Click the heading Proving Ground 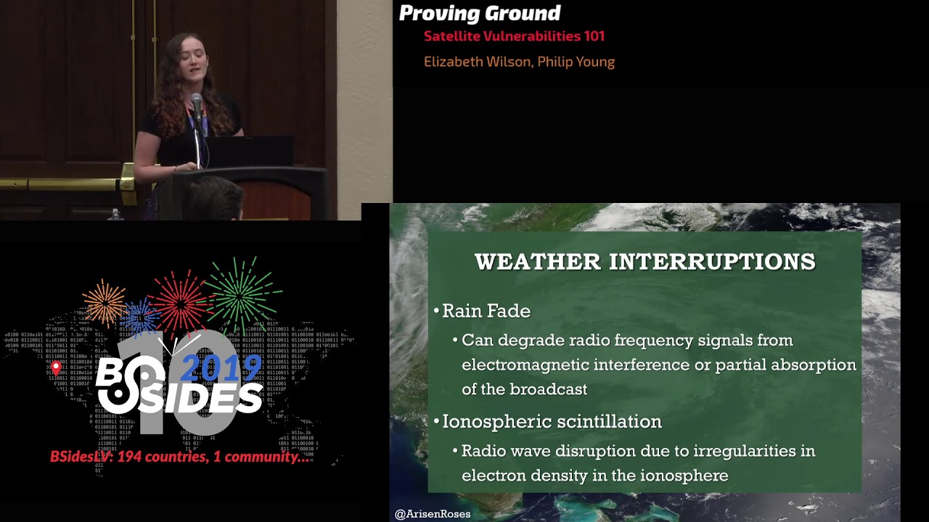[480, 13]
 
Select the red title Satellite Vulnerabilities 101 [514, 36]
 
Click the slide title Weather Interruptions [644, 262]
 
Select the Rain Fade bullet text [486, 311]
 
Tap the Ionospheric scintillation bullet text [552, 421]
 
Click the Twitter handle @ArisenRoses [433, 514]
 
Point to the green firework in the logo [240, 290]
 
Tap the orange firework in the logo [105, 300]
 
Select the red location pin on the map [56, 368]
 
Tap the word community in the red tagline [264, 457]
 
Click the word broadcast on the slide [548, 389]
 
